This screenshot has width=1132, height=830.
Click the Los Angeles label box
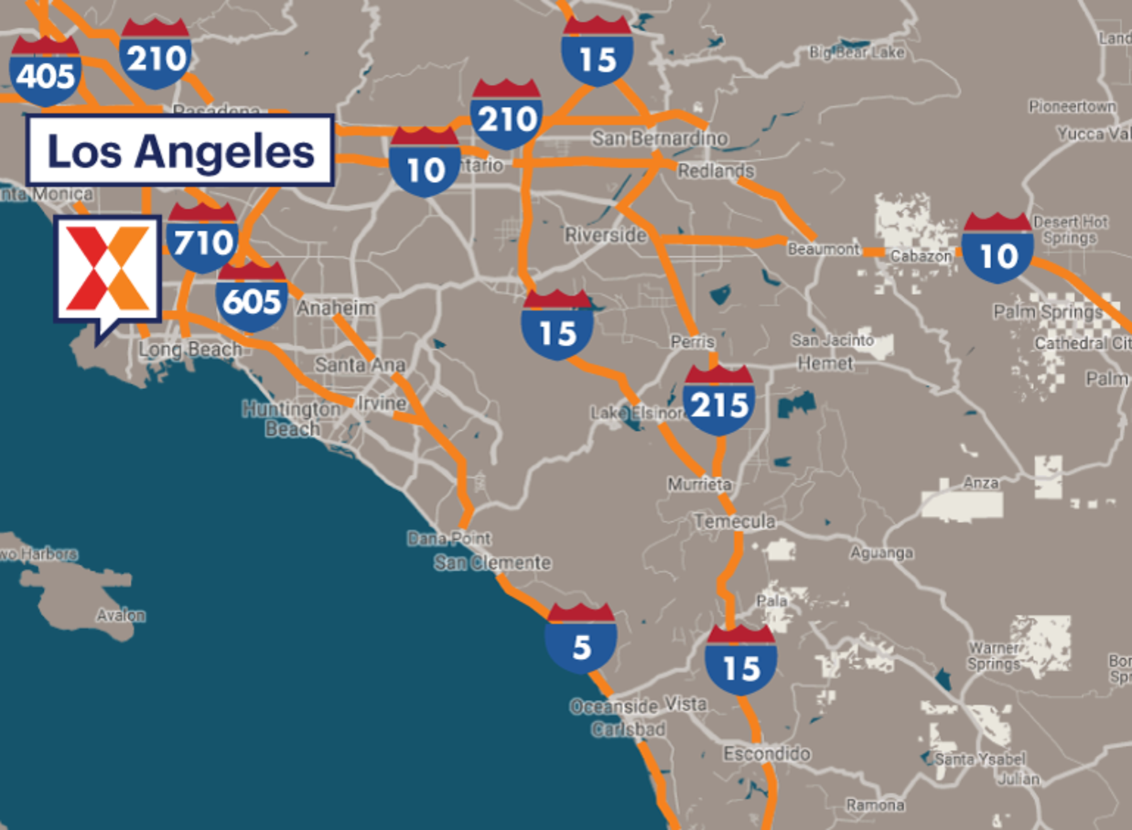180,150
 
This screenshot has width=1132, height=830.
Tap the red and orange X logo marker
108,269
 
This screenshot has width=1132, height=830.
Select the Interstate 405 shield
45,71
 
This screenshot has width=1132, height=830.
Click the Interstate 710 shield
202,238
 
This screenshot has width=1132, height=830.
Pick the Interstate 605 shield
251,297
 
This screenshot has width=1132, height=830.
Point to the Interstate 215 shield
719,400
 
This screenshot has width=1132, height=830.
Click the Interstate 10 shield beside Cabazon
998,248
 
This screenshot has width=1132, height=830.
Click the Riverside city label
606,235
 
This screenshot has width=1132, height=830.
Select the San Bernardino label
659,138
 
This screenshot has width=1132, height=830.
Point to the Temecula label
734,521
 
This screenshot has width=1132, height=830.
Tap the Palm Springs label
1048,311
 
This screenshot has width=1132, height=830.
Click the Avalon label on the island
121,616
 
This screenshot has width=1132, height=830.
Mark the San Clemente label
492,563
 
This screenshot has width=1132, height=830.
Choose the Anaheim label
336,308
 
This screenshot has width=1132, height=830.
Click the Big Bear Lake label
857,52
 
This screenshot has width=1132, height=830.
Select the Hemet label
826,364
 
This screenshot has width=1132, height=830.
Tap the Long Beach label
190,349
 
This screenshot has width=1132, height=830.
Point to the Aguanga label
882,553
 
